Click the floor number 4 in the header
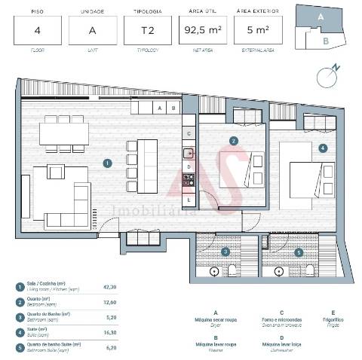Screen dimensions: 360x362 [x=36, y=31]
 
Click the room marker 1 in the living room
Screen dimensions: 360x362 [x=108, y=162]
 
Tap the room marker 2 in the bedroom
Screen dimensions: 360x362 [x=234, y=140]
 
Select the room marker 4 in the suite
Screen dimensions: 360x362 [x=323, y=148]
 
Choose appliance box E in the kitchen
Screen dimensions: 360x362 [x=189, y=200]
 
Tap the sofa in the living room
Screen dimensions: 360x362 [x=57, y=188]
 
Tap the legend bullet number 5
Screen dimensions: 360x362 [x=19, y=348]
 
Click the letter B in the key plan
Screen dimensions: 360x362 [x=325, y=41]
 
